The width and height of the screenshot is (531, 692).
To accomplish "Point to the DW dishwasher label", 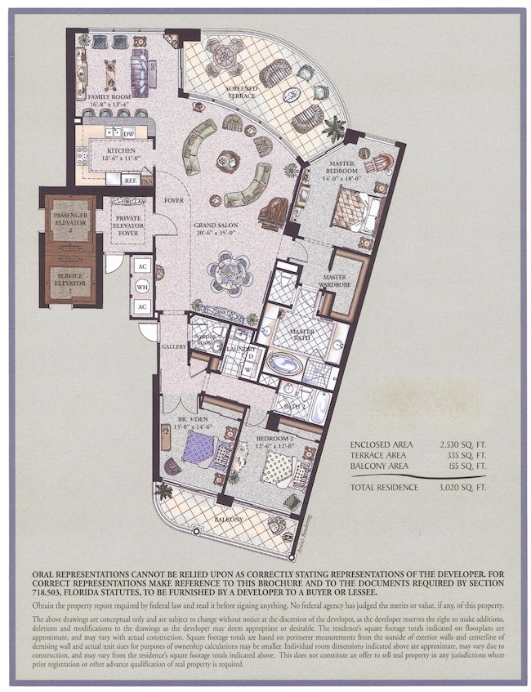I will pyautogui.click(x=129, y=132).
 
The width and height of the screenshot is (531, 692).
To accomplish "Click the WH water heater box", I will pyautogui.click(x=141, y=287).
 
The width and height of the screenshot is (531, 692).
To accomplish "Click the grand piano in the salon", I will pyautogui.click(x=272, y=213).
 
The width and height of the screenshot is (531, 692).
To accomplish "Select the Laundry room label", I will pyautogui.click(x=241, y=350).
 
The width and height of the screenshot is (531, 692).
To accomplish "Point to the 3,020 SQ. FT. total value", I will pyautogui.click(x=451, y=487).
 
